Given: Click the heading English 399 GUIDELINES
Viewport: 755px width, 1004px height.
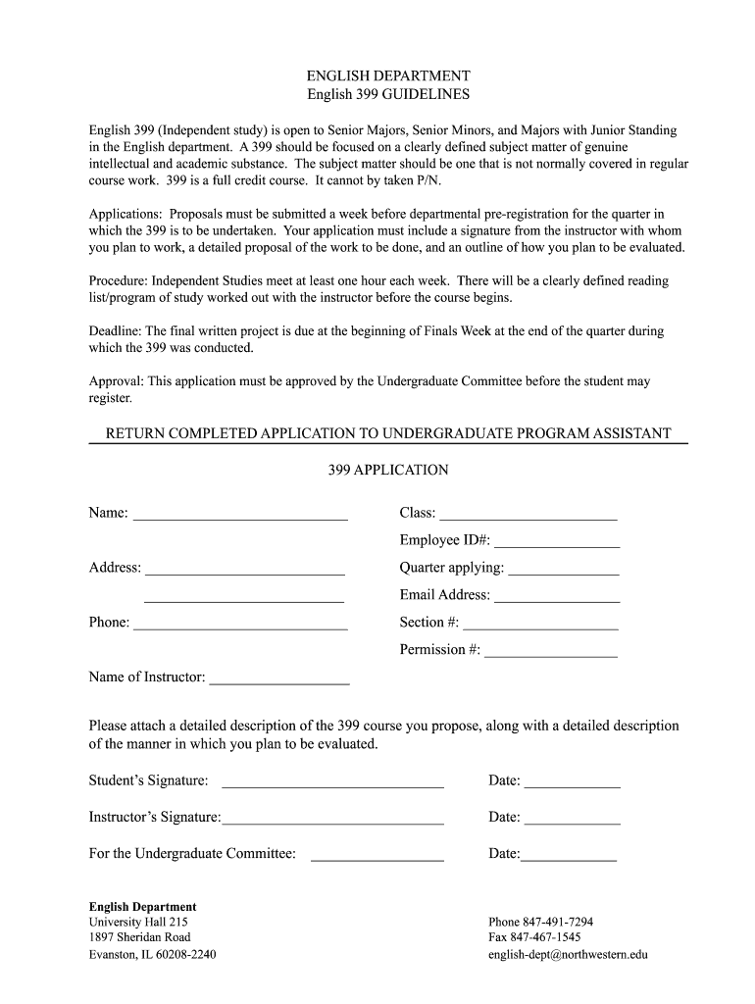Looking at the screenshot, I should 388,95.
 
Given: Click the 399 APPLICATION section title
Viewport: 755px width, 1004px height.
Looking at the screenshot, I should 388,470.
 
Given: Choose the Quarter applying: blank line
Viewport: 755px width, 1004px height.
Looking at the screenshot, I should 564,568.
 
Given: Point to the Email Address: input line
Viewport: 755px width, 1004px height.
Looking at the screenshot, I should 557,595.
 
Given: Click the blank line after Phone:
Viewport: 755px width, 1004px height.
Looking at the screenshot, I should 240,623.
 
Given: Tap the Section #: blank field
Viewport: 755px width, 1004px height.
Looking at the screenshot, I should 540,623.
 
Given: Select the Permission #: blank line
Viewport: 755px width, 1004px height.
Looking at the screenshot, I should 551,650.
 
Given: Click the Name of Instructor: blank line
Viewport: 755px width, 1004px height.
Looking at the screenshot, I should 279,678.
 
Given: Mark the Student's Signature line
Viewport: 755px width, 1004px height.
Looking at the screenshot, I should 333,781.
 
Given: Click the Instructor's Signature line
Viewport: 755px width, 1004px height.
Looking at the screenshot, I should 333,818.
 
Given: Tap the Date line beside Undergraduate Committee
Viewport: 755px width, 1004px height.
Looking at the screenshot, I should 569,854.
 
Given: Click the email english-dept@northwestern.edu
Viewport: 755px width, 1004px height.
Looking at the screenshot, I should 568,954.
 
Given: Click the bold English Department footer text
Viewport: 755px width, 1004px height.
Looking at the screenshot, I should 142,907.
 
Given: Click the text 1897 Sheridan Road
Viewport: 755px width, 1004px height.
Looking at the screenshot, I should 139,937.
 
